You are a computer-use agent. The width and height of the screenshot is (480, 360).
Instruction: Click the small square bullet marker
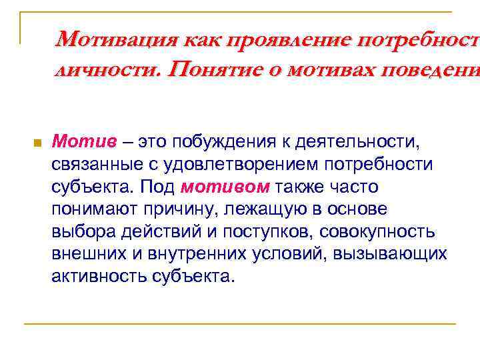pyautogui.click(x=37, y=143)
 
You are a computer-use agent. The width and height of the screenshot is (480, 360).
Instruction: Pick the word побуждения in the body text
pyautogui.click(x=227, y=141)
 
